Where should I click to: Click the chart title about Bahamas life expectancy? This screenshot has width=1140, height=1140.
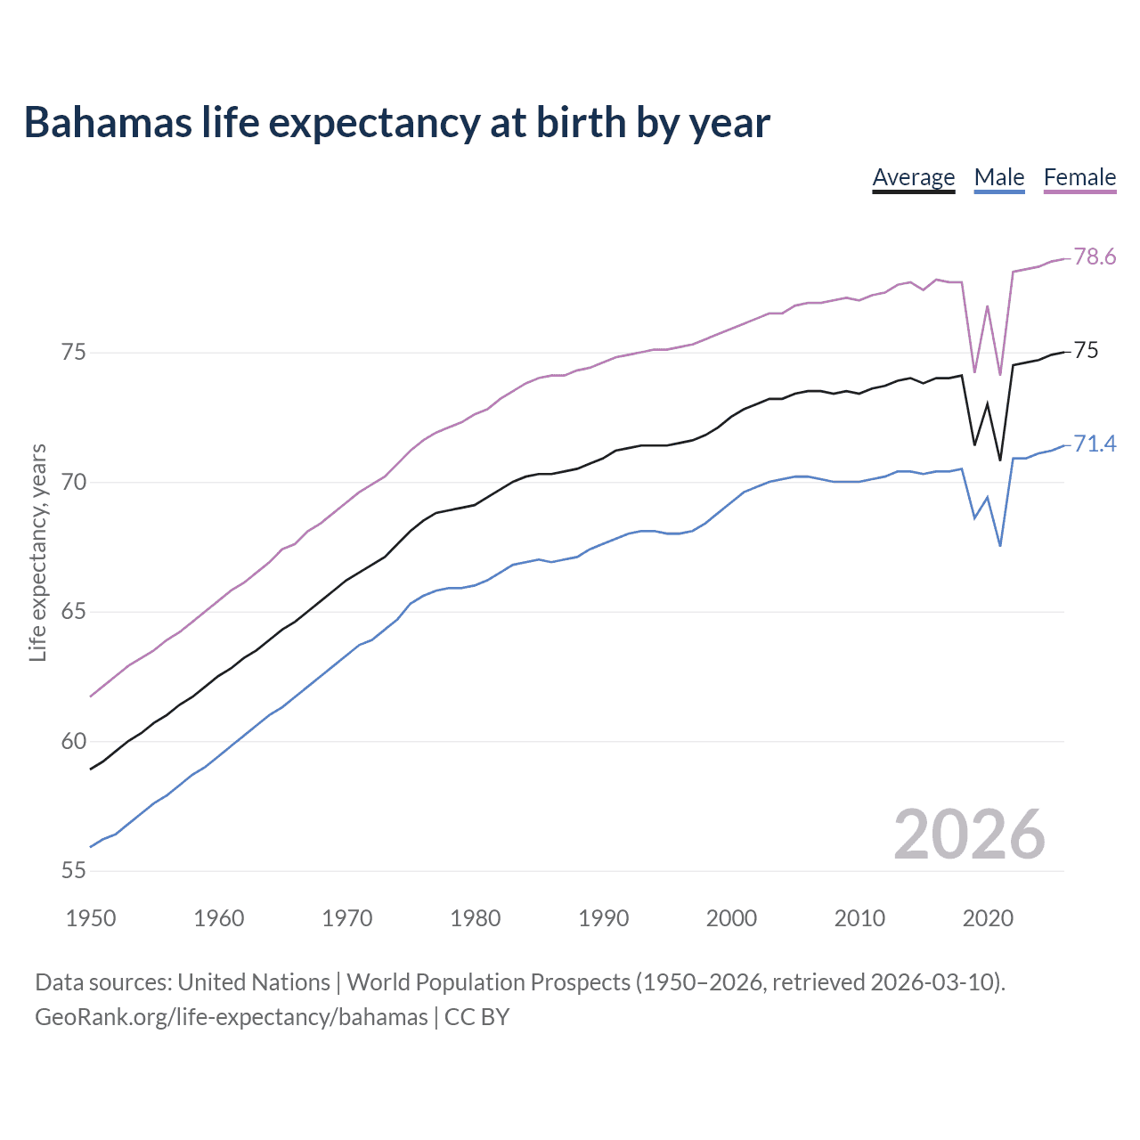pos(396,122)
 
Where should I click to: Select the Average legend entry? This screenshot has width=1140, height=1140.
pos(913,177)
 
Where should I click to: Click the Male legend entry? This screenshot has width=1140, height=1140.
pos(998,177)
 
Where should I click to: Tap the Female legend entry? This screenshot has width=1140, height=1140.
pos(1079,177)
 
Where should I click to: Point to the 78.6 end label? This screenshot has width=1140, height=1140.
pos(1095,257)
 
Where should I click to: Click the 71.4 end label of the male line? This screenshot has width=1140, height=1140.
pos(1095,444)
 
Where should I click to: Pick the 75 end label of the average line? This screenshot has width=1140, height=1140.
pos(1086,351)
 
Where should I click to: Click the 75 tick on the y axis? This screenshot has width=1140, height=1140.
pos(74,353)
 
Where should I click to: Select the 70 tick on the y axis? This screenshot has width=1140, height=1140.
pos(74,483)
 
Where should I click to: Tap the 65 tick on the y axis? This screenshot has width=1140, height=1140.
pos(74,612)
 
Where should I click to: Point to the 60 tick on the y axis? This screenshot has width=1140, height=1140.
pos(74,742)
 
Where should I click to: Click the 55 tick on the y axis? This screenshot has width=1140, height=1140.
pos(74,871)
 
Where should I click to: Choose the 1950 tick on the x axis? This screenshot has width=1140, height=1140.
pos(91,918)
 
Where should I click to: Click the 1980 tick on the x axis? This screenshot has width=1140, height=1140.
pos(475,918)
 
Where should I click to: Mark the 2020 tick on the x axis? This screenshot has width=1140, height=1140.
pos(988,918)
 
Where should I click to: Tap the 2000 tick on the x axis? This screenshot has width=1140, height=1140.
pos(731,918)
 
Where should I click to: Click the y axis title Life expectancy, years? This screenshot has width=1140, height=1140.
pos(37,553)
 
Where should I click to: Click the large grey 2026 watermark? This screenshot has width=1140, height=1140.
pos(969,835)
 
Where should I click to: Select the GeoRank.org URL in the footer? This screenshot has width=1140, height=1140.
pos(232,1017)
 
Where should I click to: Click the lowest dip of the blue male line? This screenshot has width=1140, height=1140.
pos(1000,545)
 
